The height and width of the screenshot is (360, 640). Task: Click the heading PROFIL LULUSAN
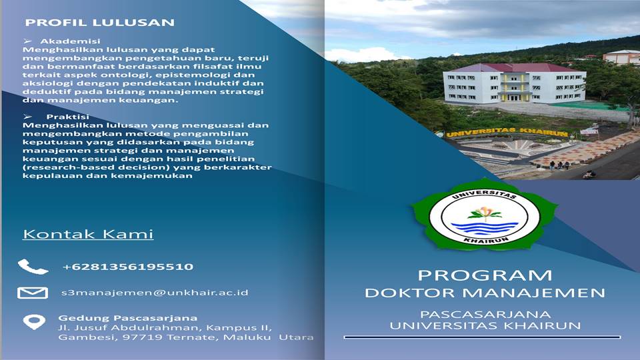click(100, 23)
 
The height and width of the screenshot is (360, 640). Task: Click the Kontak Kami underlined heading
click(88, 234)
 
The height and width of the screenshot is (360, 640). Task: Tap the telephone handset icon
click(33, 267)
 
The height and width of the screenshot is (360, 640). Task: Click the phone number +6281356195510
click(128, 267)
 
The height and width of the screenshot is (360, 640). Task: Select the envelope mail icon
click(33, 293)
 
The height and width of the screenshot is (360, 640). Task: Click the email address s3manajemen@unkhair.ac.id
click(155, 293)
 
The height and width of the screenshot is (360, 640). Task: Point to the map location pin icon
click(33, 322)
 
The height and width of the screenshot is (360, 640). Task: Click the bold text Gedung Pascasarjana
click(128, 317)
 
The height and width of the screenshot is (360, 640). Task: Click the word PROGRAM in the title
click(485, 275)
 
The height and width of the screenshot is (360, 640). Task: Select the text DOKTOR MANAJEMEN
click(485, 293)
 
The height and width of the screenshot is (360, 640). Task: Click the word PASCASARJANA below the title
click(485, 313)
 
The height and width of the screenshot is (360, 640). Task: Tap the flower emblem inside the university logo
click(485, 213)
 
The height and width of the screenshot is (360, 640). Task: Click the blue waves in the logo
click(485, 227)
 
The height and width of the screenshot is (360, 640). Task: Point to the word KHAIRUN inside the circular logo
click(485, 239)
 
